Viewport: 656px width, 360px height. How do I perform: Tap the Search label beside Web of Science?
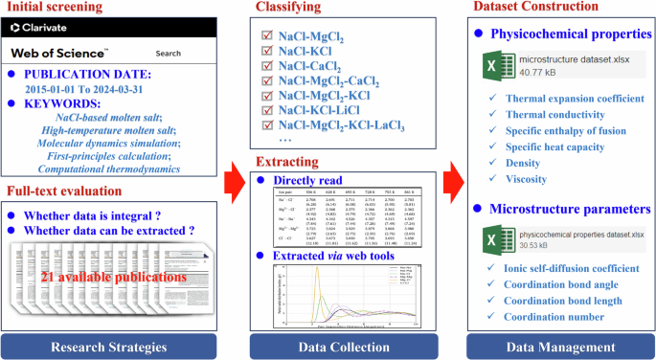click(168, 54)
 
